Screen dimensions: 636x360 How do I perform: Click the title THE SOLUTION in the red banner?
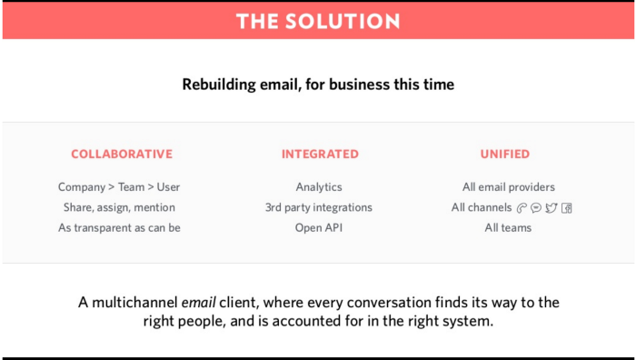318,21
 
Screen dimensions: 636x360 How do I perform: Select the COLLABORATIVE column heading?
122,154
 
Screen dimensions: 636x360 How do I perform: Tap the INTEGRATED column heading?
320,154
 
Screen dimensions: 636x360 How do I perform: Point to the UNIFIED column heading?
505,154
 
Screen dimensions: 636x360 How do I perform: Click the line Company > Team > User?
119,187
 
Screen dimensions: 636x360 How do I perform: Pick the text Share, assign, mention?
119,207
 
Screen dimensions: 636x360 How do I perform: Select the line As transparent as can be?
119,227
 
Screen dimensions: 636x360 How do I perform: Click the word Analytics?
319,187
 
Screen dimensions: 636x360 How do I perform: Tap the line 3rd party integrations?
318,207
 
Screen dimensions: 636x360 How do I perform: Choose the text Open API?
319,227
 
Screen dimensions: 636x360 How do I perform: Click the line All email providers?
509,187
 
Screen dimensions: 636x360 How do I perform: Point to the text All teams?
508,227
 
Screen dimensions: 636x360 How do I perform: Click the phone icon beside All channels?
522,208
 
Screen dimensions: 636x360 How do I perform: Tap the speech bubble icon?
536,208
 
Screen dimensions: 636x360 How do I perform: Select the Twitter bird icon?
551,208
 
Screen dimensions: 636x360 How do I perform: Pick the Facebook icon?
567,208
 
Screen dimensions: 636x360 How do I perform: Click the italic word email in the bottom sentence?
198,303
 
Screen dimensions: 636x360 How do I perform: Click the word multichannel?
134,303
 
